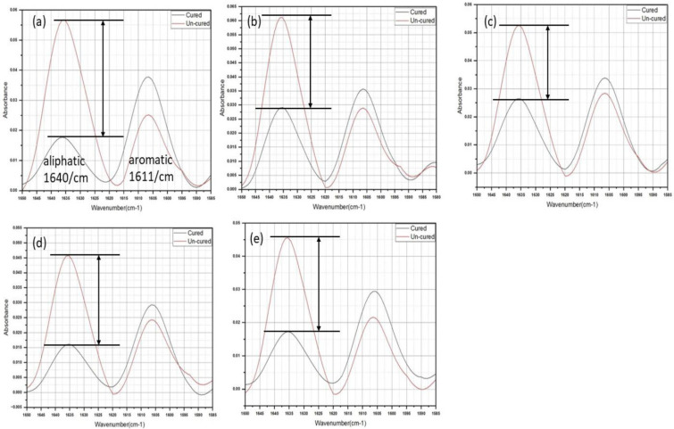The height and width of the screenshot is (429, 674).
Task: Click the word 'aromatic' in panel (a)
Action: (x=155, y=161)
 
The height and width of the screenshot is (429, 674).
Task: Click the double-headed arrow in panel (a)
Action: (x=104, y=78)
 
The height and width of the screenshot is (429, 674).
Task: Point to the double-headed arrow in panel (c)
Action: (x=547, y=62)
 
